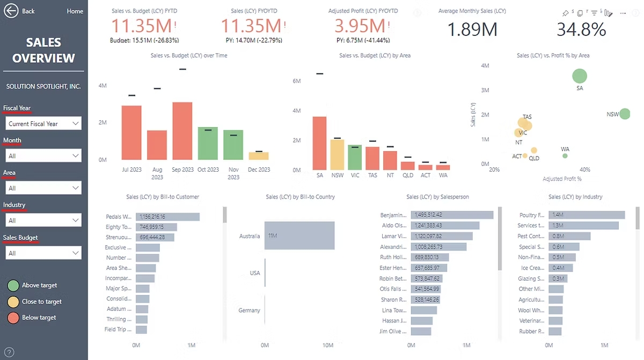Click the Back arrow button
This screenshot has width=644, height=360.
click(11, 11)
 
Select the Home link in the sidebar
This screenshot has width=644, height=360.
click(75, 11)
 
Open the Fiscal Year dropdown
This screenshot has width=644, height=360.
click(43, 124)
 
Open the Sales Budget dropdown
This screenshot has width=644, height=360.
click(43, 253)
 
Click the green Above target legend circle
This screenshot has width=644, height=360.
click(13, 285)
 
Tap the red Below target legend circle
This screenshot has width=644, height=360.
click(13, 318)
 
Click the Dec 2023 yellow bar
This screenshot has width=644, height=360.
click(259, 156)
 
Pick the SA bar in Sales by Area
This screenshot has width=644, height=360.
click(319, 143)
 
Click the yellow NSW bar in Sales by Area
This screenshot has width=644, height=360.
click(337, 155)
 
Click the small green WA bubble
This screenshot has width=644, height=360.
click(565, 156)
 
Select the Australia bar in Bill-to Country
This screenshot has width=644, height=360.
click(299, 236)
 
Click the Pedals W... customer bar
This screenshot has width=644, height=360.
click(167, 217)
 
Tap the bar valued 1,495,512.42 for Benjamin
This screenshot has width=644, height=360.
click(452, 215)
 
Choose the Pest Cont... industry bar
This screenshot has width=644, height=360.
click(569, 236)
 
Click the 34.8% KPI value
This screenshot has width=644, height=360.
click(581, 30)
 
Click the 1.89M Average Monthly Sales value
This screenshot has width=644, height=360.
click(472, 30)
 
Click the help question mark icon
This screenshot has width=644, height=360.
click(9, 352)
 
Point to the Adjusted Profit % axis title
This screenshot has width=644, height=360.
click(562, 179)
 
